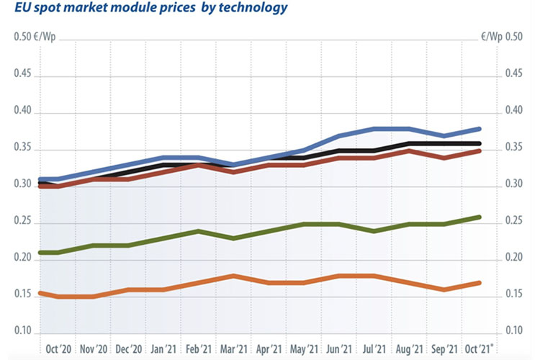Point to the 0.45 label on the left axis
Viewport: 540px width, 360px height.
coord(24,74)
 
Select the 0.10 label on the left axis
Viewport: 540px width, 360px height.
coord(24,331)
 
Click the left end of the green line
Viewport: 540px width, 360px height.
coord(40,253)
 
